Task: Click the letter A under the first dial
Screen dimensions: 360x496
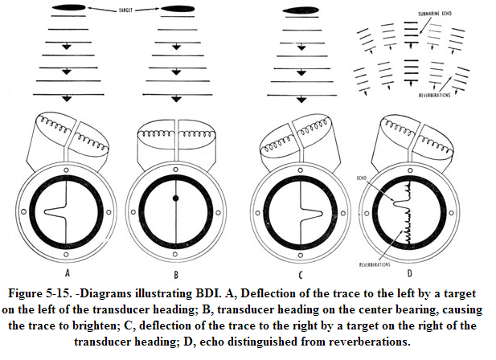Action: coord(65,258)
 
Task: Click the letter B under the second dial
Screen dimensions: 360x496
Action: coord(178,258)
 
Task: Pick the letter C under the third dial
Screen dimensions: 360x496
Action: coord(297,258)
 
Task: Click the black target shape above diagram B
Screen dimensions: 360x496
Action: coord(178,10)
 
